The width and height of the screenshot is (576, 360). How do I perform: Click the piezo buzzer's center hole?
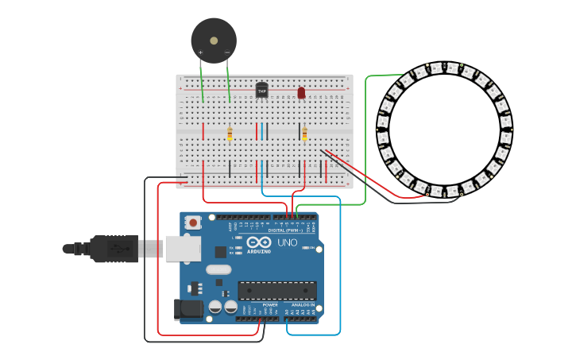pyautogui.click(x=214, y=40)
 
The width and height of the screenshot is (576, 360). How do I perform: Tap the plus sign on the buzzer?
pyautogui.click(x=200, y=53)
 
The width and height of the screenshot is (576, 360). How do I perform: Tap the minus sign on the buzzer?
pyautogui.click(x=227, y=53)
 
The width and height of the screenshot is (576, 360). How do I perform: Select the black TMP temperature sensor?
pyautogui.click(x=261, y=90)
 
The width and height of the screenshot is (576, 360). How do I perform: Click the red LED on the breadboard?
pyautogui.click(x=301, y=93)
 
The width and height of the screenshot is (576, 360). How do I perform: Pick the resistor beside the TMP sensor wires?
pyautogui.click(x=230, y=134)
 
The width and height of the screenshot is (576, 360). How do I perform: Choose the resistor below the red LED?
pyautogui.click(x=304, y=134)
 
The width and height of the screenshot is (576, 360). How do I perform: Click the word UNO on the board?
pyautogui.click(x=287, y=242)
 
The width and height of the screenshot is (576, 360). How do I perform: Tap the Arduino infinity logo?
pyautogui.click(x=259, y=242)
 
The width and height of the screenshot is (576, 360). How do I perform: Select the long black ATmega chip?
pyautogui.click(x=277, y=291)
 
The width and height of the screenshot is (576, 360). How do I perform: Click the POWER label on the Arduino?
pyautogui.click(x=270, y=304)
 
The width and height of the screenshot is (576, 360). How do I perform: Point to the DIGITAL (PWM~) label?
pyautogui.click(x=293, y=230)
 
